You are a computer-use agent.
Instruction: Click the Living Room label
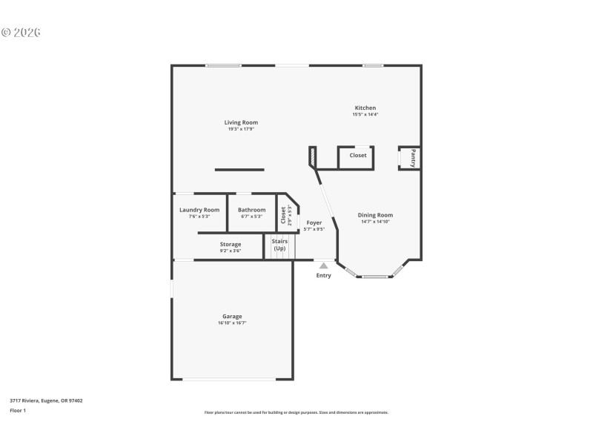click(x=241, y=122)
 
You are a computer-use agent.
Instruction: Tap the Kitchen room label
click(x=365, y=108)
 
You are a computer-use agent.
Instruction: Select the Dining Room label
click(x=375, y=215)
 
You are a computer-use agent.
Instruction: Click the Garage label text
click(x=232, y=316)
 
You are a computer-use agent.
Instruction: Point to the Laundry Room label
click(x=199, y=210)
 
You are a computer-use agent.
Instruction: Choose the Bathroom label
click(x=251, y=210)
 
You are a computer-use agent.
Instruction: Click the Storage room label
click(x=230, y=244)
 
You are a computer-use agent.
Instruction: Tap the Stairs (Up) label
click(x=279, y=245)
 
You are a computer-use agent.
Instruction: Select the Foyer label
click(x=314, y=222)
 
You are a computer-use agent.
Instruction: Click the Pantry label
click(x=413, y=158)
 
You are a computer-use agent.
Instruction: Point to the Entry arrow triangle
click(x=323, y=265)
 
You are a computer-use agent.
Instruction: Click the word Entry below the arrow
click(x=324, y=276)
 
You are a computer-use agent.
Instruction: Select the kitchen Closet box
click(x=357, y=156)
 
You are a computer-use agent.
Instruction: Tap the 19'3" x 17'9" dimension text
click(x=241, y=130)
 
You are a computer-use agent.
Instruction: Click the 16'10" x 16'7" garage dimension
click(x=232, y=323)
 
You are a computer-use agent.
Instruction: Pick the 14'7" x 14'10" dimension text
click(x=375, y=222)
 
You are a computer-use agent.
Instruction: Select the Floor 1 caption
click(x=18, y=410)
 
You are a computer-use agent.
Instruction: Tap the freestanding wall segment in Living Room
click(x=239, y=170)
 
